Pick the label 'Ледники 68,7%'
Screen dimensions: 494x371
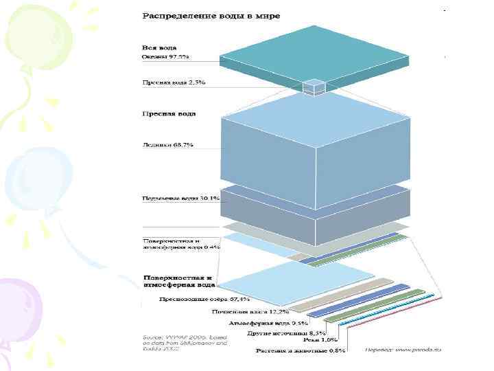click(168, 146)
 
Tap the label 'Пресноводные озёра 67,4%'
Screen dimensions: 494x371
click(204, 300)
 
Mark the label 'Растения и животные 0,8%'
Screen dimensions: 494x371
click(301, 350)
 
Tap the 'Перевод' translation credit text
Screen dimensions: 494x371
click(402, 350)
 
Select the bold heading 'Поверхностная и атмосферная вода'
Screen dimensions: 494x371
click(178, 280)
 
